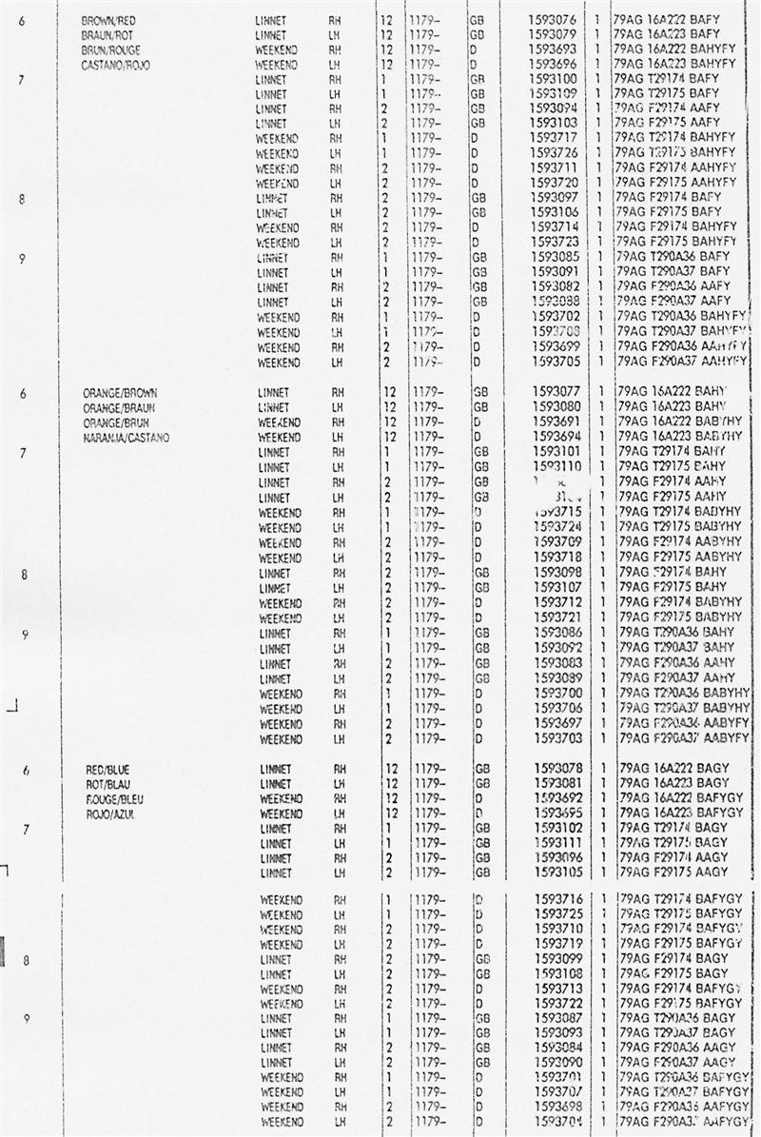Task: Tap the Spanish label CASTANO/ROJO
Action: (x=116, y=65)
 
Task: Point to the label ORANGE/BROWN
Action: (x=121, y=392)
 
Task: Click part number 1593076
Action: (x=552, y=19)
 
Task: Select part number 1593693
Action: (x=552, y=49)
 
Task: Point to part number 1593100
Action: (x=552, y=79)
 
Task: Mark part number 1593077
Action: (x=552, y=392)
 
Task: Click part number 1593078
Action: (x=553, y=768)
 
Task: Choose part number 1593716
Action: (x=553, y=899)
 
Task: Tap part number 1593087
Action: (x=553, y=1018)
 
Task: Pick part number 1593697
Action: (x=553, y=724)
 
